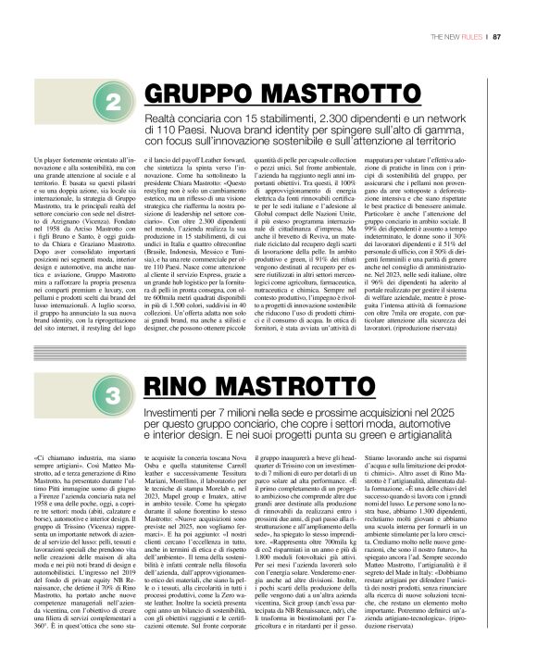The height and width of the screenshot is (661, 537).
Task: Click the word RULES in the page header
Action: tap(470, 37)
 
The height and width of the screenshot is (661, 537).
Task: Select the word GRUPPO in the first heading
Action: tap(190, 94)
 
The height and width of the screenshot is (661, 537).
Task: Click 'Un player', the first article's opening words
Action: tap(49, 163)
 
